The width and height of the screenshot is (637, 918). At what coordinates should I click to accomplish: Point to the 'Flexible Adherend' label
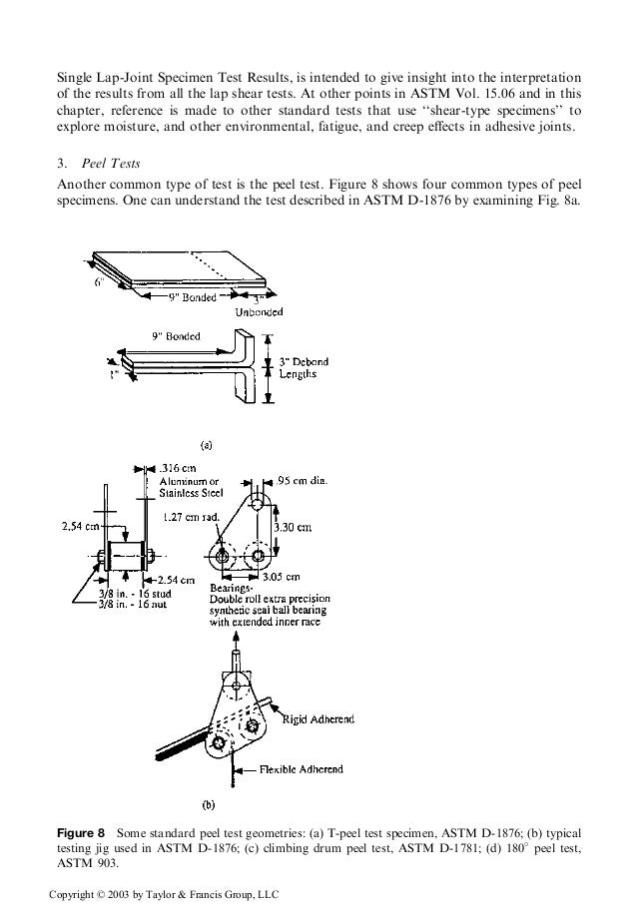301,769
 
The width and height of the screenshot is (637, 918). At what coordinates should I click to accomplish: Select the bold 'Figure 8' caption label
80,832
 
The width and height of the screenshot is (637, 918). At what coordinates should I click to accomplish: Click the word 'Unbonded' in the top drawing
258,310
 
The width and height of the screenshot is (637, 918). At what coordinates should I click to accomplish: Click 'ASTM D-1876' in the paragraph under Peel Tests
454,200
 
